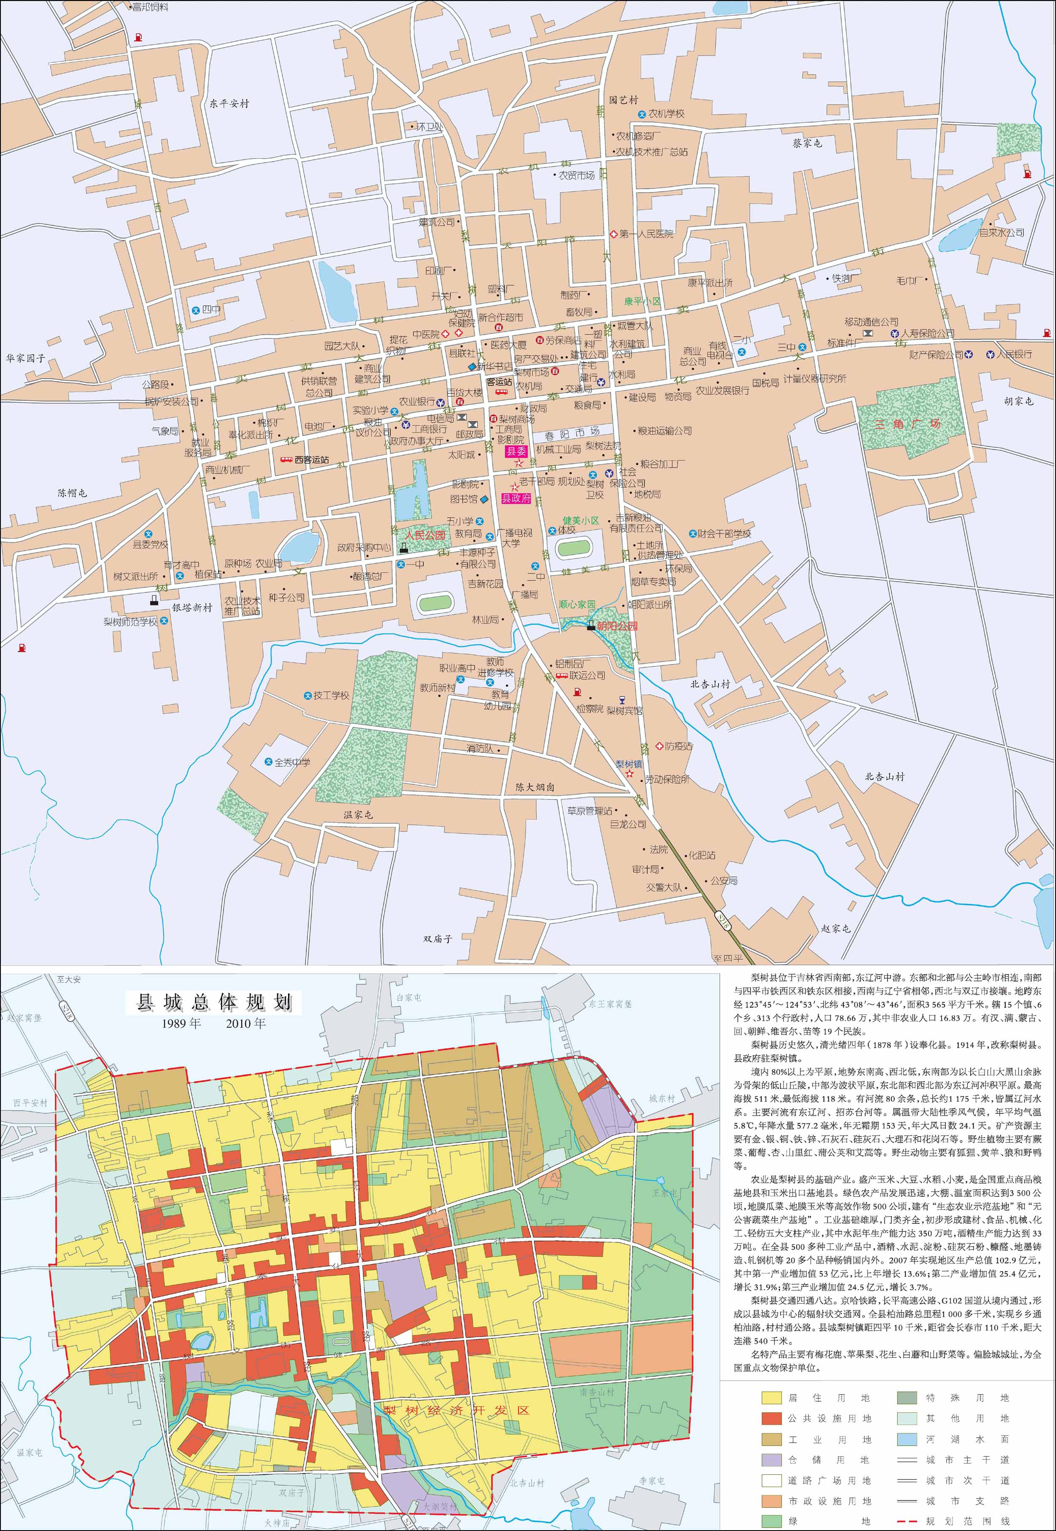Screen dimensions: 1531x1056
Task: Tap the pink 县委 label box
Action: (x=516, y=451)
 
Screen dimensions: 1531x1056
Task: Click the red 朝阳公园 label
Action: (x=617, y=625)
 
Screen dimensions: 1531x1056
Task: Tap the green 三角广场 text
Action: (x=907, y=423)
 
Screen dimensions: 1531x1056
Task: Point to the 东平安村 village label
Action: (x=229, y=104)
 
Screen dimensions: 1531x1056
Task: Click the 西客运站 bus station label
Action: (x=311, y=459)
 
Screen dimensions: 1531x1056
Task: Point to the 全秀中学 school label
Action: (x=291, y=762)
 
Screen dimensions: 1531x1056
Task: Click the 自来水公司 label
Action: (x=1001, y=233)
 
